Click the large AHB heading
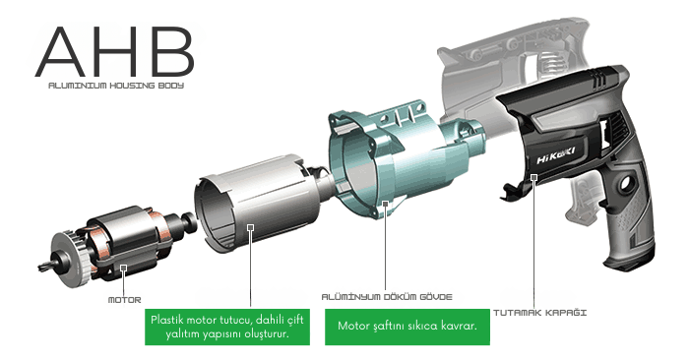[114, 51]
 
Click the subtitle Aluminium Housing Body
[116, 86]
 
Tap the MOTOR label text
[124, 300]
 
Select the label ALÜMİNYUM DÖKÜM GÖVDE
[387, 297]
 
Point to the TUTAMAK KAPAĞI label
[539, 313]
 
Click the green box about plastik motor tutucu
[227, 327]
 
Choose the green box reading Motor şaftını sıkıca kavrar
[407, 327]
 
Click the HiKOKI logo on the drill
[555, 155]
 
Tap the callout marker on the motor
[124, 267]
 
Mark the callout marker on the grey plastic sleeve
[250, 227]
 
